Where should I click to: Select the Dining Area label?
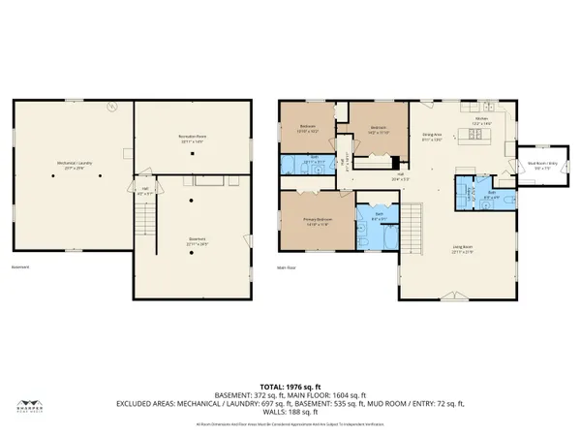[432, 138]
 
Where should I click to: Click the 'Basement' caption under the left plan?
[20, 266]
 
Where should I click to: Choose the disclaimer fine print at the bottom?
[290, 423]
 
